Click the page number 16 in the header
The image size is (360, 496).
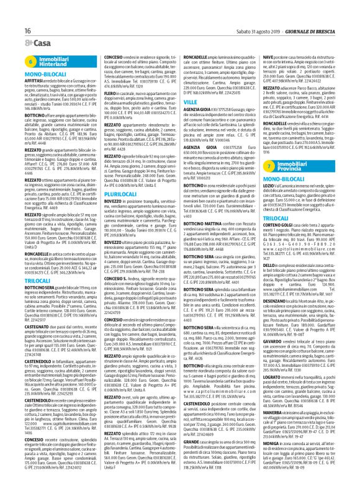tap(11, 12)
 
